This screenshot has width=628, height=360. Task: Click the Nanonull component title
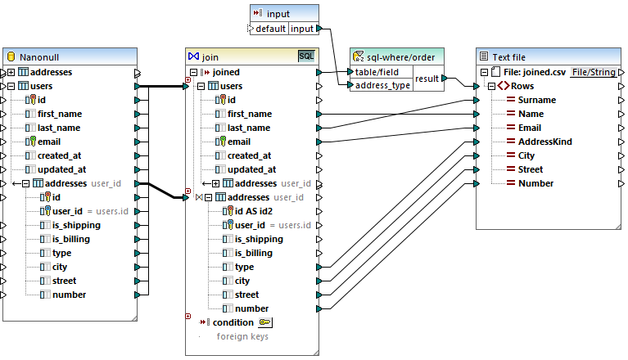(41, 56)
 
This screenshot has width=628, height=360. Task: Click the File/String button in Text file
(593, 72)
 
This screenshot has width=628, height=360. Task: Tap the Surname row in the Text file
(537, 100)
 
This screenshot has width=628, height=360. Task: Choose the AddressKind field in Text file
(545, 142)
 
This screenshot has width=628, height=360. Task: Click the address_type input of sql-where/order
(382, 85)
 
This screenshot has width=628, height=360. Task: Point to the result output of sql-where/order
(427, 79)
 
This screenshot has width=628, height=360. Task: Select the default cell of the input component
(269, 29)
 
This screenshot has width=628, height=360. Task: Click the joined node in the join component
(226, 72)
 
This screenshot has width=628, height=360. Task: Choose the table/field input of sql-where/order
(377, 72)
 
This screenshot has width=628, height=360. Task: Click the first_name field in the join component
(250, 114)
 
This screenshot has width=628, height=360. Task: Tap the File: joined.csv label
(532, 72)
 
